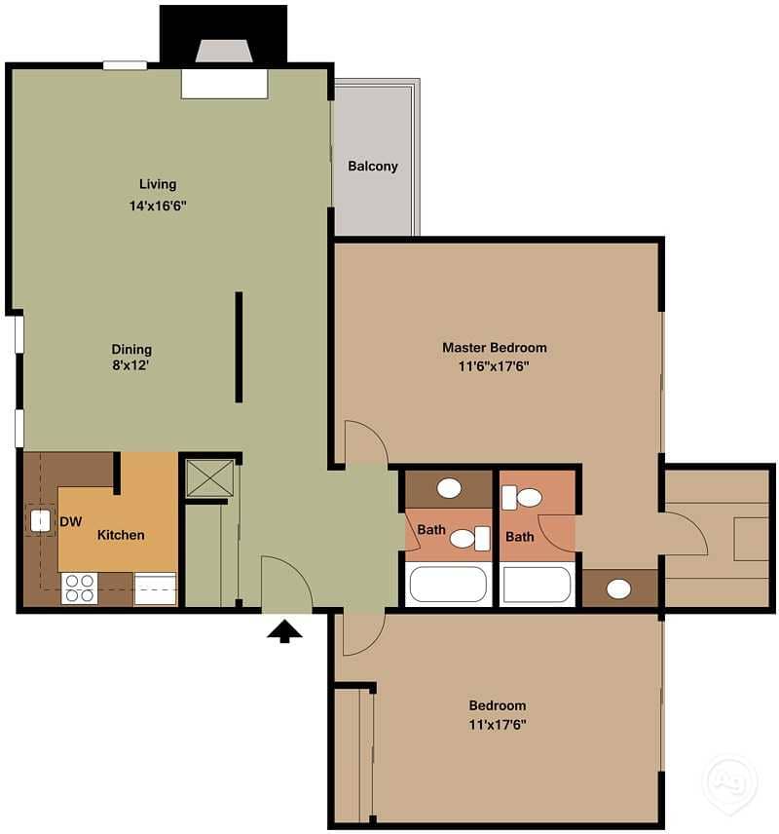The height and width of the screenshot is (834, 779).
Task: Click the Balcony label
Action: click(373, 166)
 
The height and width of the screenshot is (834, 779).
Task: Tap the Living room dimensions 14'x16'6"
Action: click(156, 207)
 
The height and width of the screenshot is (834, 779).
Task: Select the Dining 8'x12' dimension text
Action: click(131, 366)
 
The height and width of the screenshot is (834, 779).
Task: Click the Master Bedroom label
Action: click(495, 347)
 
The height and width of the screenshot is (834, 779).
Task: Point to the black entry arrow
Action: click(285, 632)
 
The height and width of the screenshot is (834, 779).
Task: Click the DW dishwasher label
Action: click(70, 522)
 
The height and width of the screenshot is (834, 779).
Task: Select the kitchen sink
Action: click(40, 521)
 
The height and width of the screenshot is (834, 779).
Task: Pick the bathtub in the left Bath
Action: click(447, 585)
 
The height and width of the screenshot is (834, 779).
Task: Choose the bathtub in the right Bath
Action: click(538, 585)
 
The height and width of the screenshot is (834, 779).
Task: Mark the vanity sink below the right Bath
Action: click(618, 588)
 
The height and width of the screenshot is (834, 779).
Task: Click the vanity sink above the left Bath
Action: click(449, 487)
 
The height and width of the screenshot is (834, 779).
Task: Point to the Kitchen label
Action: click(121, 535)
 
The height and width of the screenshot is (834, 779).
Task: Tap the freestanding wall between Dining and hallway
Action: click(239, 347)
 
